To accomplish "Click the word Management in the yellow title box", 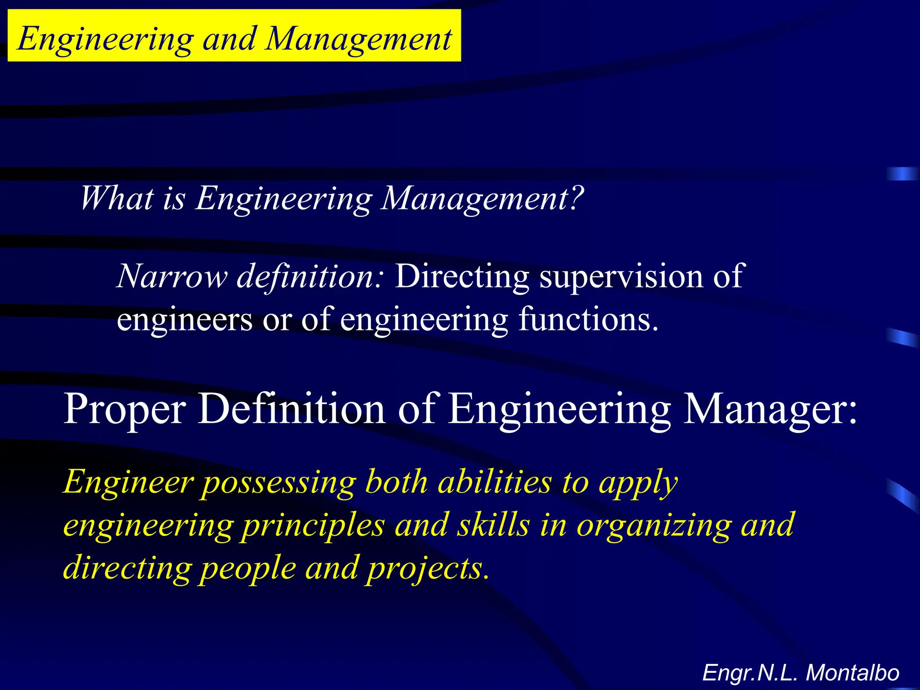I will pyautogui.click(x=358, y=39).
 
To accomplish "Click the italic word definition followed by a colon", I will pyautogui.click(x=310, y=276).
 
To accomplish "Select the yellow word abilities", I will pyautogui.click(x=495, y=482).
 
